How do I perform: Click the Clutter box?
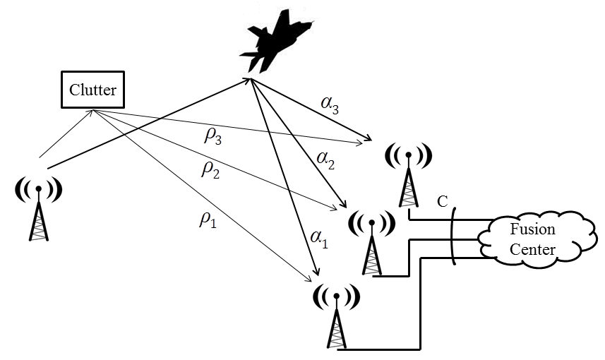pyautogui.click(x=92, y=90)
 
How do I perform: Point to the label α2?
pyautogui.click(x=325, y=162)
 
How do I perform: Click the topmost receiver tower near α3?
pyautogui.click(x=409, y=176)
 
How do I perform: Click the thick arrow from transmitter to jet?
pyautogui.click(x=148, y=124)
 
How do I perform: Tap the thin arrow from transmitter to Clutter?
pyautogui.click(x=65, y=134)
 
